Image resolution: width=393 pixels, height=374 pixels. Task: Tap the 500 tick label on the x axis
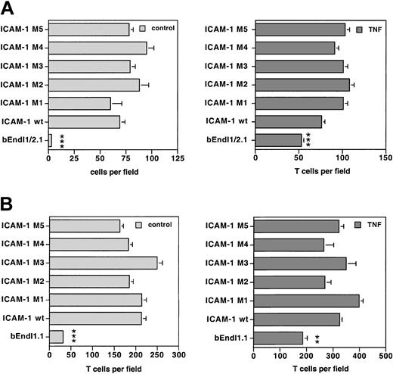tap(385, 354)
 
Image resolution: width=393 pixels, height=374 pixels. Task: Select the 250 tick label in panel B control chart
tap(157, 354)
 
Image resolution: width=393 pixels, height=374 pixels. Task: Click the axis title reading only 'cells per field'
tap(112, 173)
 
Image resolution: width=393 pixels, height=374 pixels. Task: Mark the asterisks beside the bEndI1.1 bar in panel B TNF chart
tap(317, 338)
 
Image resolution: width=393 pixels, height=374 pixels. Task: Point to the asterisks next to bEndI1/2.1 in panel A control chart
tap(60, 140)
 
